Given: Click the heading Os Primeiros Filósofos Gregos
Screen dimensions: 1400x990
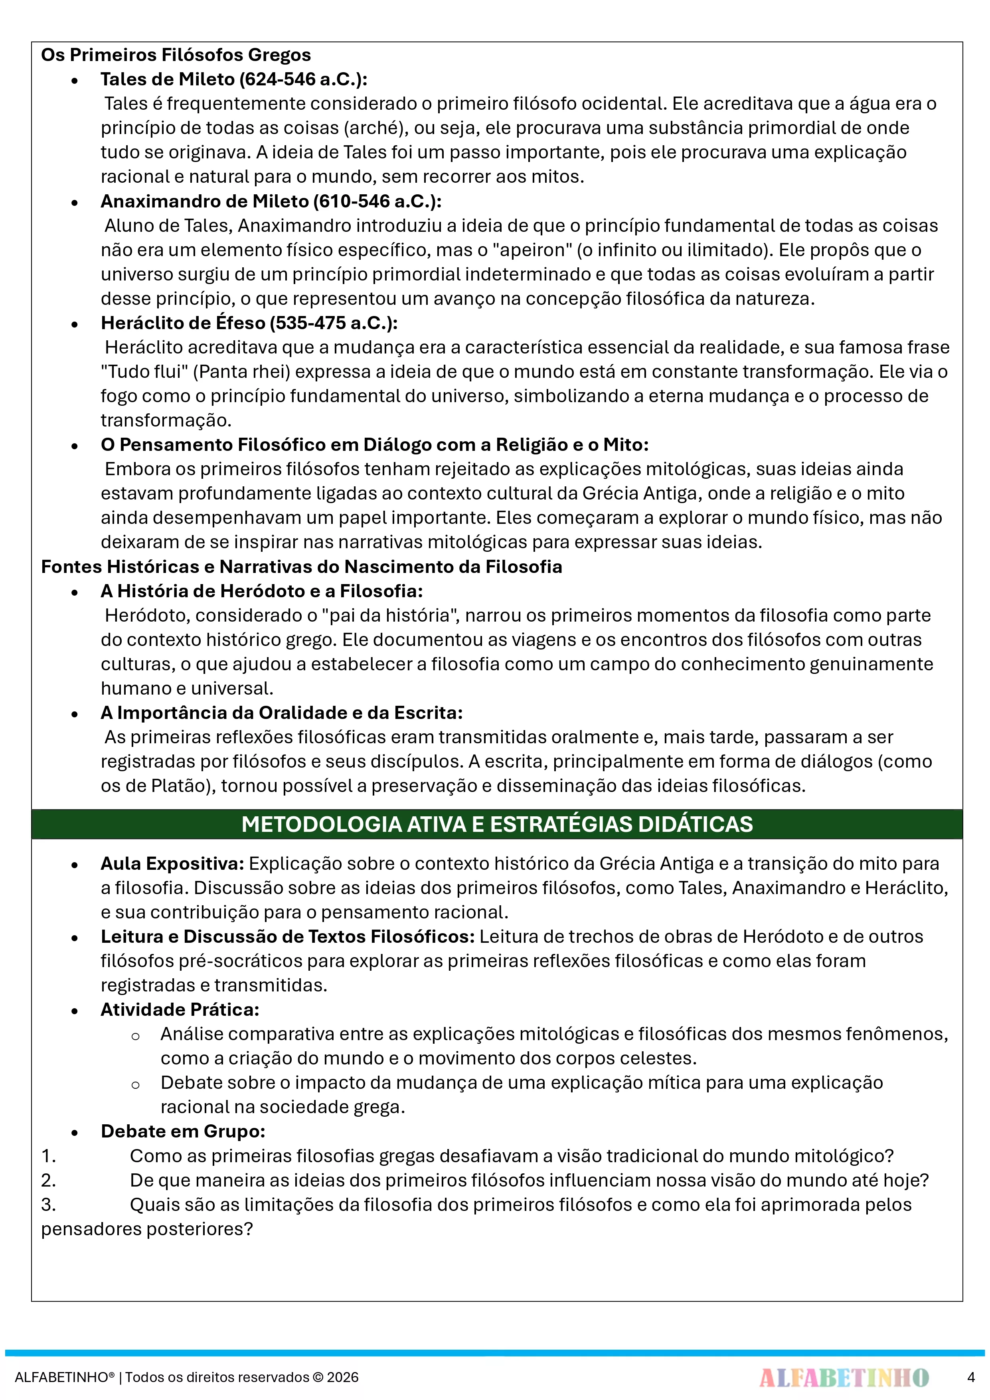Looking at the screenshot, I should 176,55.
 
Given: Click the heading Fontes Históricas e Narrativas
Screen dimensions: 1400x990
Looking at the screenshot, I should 301,567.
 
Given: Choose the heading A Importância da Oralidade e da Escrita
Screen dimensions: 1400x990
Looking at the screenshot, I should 281,713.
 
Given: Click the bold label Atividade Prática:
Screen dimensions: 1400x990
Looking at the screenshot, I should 180,1010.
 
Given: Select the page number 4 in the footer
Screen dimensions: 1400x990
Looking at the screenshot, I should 970,1377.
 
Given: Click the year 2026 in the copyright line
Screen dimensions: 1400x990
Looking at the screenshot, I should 343,1377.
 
